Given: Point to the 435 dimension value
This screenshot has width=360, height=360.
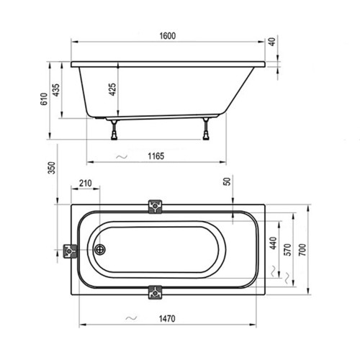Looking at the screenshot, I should [x=57, y=92].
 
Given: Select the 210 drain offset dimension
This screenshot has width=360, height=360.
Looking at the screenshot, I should [x=85, y=185].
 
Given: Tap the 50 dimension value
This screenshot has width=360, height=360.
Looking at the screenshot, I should [x=228, y=183].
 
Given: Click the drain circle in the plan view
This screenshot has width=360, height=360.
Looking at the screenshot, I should [x=100, y=251].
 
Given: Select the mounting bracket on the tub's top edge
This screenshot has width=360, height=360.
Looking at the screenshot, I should [x=154, y=207].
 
